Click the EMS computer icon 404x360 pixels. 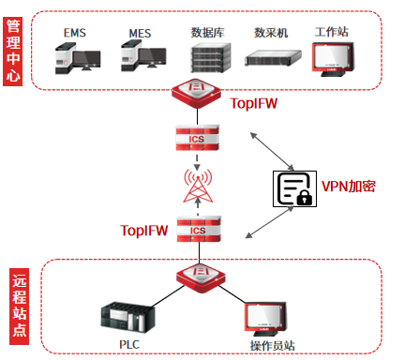78,58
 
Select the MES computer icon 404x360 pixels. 143,56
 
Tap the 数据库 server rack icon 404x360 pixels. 211,58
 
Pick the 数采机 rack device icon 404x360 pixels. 273,58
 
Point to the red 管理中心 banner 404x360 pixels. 13,52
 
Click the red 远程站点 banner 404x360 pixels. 19,307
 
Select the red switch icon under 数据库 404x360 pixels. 196,93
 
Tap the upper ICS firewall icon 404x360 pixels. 197,138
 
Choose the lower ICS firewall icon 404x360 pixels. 199,229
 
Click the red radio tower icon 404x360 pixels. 198,186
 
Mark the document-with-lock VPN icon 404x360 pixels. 294,188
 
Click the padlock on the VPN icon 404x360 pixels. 305,197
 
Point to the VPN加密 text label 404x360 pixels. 349,187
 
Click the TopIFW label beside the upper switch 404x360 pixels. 254,103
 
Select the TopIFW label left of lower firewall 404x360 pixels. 144,231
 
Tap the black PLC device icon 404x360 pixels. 127,317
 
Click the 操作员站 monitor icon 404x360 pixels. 265,319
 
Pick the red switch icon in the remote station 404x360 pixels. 201,278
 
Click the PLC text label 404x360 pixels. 129,344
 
